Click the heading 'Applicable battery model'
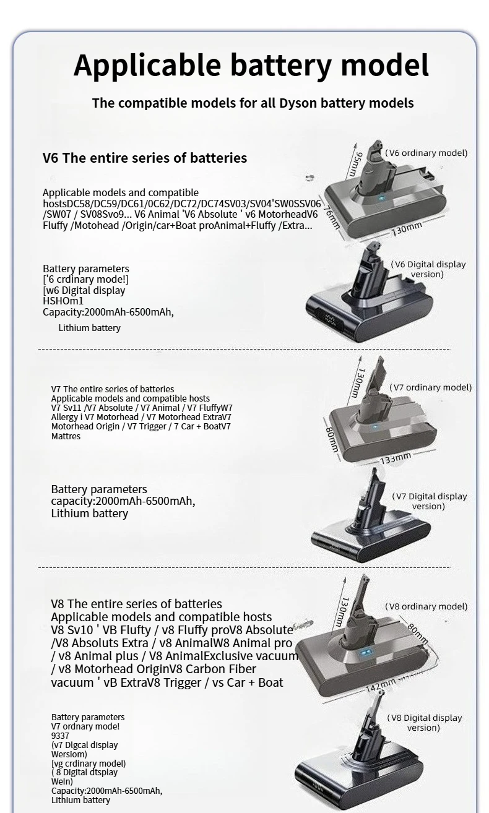pyautogui.click(x=251, y=66)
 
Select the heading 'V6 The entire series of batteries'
pyautogui.click(x=144, y=158)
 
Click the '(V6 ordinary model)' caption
pyautogui.click(x=426, y=153)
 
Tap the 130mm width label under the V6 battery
pyautogui.click(x=406, y=228)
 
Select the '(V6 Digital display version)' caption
pyautogui.click(x=428, y=269)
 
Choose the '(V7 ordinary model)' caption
pyautogui.click(x=430, y=387)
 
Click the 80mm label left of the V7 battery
pyautogui.click(x=332, y=437)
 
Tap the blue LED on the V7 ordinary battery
pyautogui.click(x=374, y=428)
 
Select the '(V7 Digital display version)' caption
pyautogui.click(x=429, y=501)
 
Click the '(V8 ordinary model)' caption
pyautogui.click(x=426, y=606)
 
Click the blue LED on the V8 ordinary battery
pyautogui.click(x=365, y=653)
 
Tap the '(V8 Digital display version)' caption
pyautogui.click(x=424, y=723)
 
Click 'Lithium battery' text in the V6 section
pyautogui.click(x=89, y=328)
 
